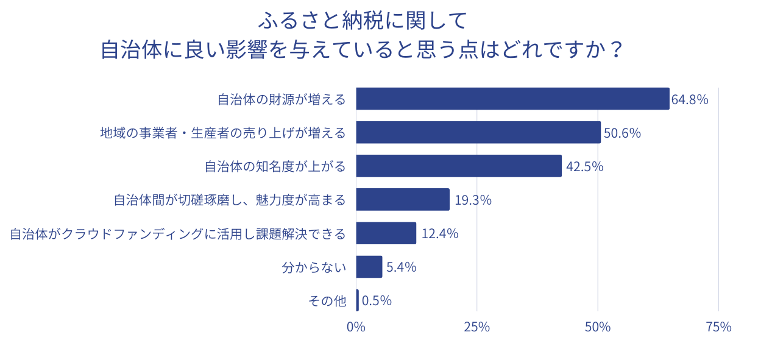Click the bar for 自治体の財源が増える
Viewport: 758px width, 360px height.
pos(512,99)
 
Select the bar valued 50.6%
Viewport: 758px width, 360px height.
pos(478,132)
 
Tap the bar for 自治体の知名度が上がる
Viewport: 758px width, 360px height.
pos(459,166)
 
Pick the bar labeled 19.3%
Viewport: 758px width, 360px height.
pos(403,199)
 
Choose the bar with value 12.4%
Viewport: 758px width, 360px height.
pos(386,233)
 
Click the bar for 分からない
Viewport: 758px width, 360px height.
pos(369,266)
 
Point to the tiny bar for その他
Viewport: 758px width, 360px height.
pos(358,300)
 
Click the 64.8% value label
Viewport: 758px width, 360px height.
pos(690,99)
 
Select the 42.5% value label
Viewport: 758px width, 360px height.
pos(584,166)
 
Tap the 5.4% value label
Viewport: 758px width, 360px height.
pos(401,267)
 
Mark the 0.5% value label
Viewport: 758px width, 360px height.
pos(377,301)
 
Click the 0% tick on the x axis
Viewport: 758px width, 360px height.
pos(356,327)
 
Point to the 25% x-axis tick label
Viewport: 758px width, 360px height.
pos(476,327)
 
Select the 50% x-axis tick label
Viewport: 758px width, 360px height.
pos(597,327)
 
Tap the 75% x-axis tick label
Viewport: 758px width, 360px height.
pos(718,327)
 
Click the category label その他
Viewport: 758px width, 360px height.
pos(327,301)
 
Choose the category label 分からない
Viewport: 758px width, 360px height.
pos(314,267)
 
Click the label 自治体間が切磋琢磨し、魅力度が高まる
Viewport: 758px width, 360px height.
pos(230,200)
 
